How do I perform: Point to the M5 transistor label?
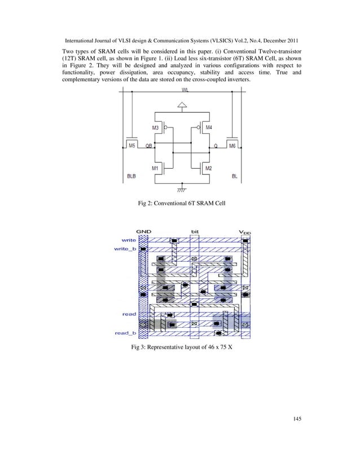coord(132,146)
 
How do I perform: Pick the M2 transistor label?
coord(208,168)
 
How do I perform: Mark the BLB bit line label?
coord(130,176)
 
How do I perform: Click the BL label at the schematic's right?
coord(235,176)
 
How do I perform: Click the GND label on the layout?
coord(143,231)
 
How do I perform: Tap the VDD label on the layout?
coord(245,231)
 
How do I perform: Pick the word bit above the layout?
coord(195,231)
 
